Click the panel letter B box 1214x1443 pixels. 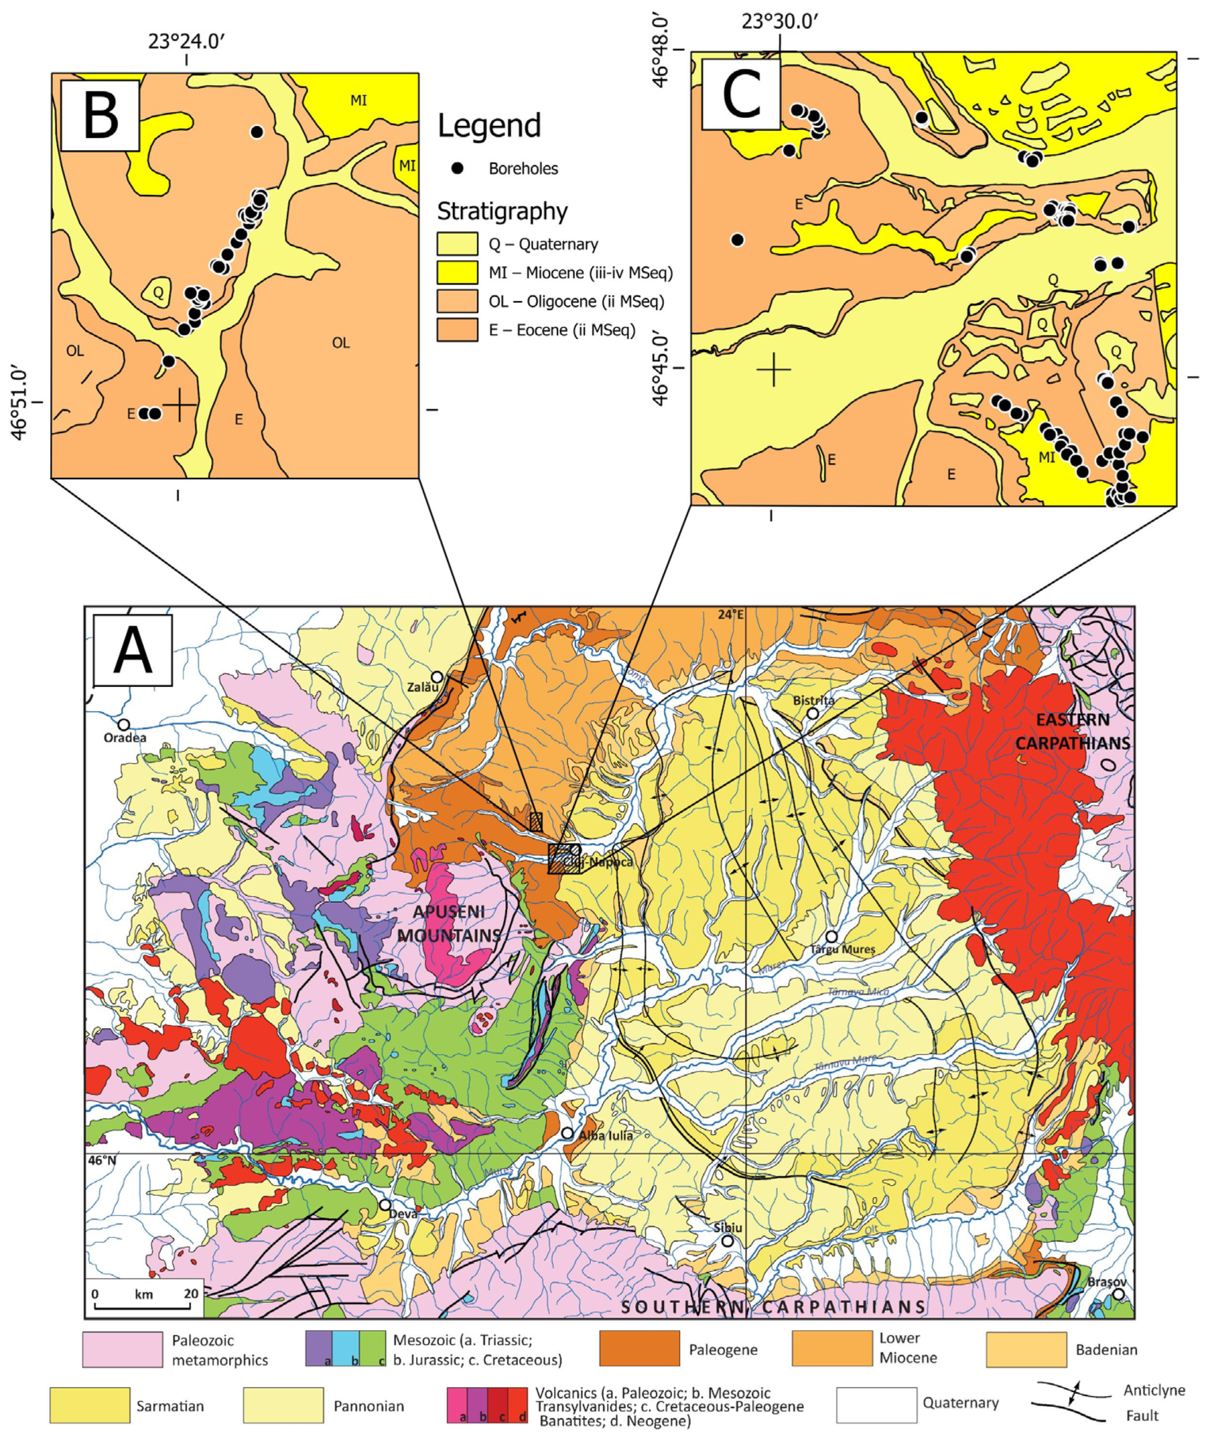100,116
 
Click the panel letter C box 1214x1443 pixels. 740,94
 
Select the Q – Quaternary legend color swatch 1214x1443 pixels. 457,244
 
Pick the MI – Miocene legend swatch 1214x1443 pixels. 457,273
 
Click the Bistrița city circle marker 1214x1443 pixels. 813,713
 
